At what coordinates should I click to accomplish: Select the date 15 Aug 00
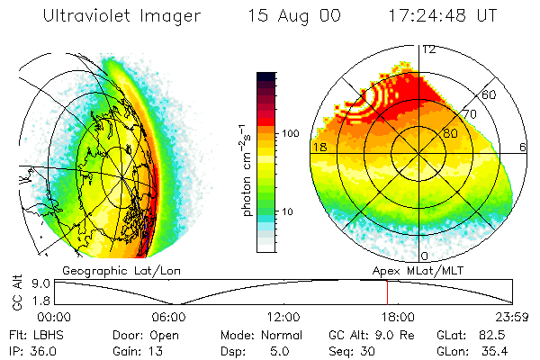click(295, 15)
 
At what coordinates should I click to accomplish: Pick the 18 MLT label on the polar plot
click(319, 146)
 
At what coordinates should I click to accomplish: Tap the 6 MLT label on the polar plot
click(523, 146)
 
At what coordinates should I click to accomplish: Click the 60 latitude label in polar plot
click(490, 94)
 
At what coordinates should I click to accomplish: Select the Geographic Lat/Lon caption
click(104, 270)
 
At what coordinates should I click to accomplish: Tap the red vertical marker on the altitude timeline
click(387, 292)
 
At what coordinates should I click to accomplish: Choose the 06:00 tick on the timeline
click(169, 317)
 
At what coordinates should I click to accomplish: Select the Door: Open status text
click(141, 334)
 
